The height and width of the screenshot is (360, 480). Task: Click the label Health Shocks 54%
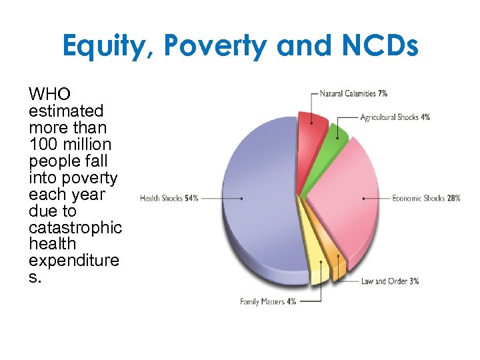tap(169, 199)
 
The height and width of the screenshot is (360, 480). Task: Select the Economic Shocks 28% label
tap(426, 199)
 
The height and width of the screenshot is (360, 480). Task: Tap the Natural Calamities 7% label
tap(353, 93)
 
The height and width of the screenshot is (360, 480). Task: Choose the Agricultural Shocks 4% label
tap(395, 117)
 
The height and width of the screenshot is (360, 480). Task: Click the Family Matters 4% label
tap(268, 302)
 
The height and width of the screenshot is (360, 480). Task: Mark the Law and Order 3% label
tap(389, 281)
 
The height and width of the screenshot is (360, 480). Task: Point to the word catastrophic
tap(75, 227)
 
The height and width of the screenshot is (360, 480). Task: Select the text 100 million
tap(70, 145)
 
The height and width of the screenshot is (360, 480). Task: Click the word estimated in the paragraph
tap(66, 111)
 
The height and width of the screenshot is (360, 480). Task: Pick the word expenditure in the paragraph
tap(74, 261)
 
